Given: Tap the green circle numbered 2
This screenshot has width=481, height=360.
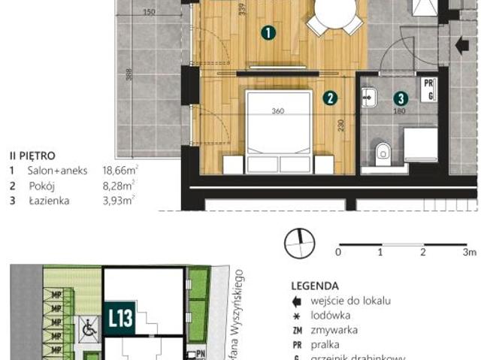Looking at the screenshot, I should coord(329,98).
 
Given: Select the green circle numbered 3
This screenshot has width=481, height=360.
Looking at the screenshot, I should coord(401,98).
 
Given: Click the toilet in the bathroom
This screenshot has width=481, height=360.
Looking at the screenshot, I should coord(383,152).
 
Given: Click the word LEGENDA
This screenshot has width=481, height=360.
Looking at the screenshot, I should coord(314,286).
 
